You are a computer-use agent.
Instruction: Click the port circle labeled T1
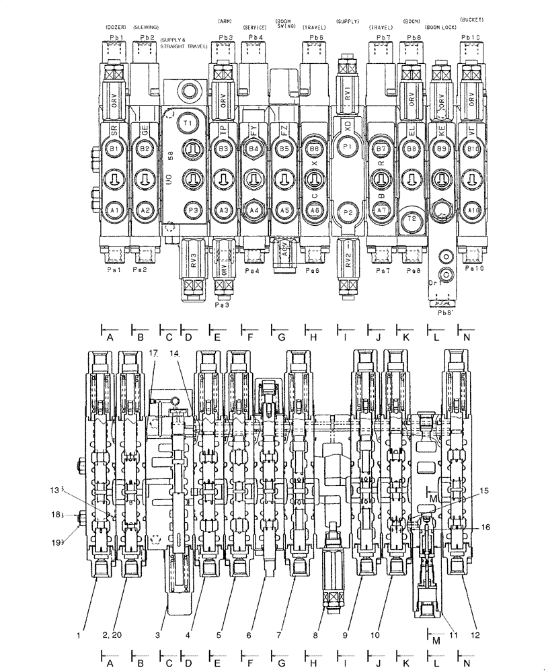pyautogui.click(x=188, y=124)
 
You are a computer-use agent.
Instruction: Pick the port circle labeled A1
pyautogui.click(x=114, y=210)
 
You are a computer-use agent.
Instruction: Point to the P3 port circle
pyautogui.click(x=192, y=211)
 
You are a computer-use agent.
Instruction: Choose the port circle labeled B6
pyautogui.click(x=313, y=149)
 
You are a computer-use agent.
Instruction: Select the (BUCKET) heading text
pyautogui.click(x=471, y=20)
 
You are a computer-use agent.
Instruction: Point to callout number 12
pyautogui.click(x=475, y=634)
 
